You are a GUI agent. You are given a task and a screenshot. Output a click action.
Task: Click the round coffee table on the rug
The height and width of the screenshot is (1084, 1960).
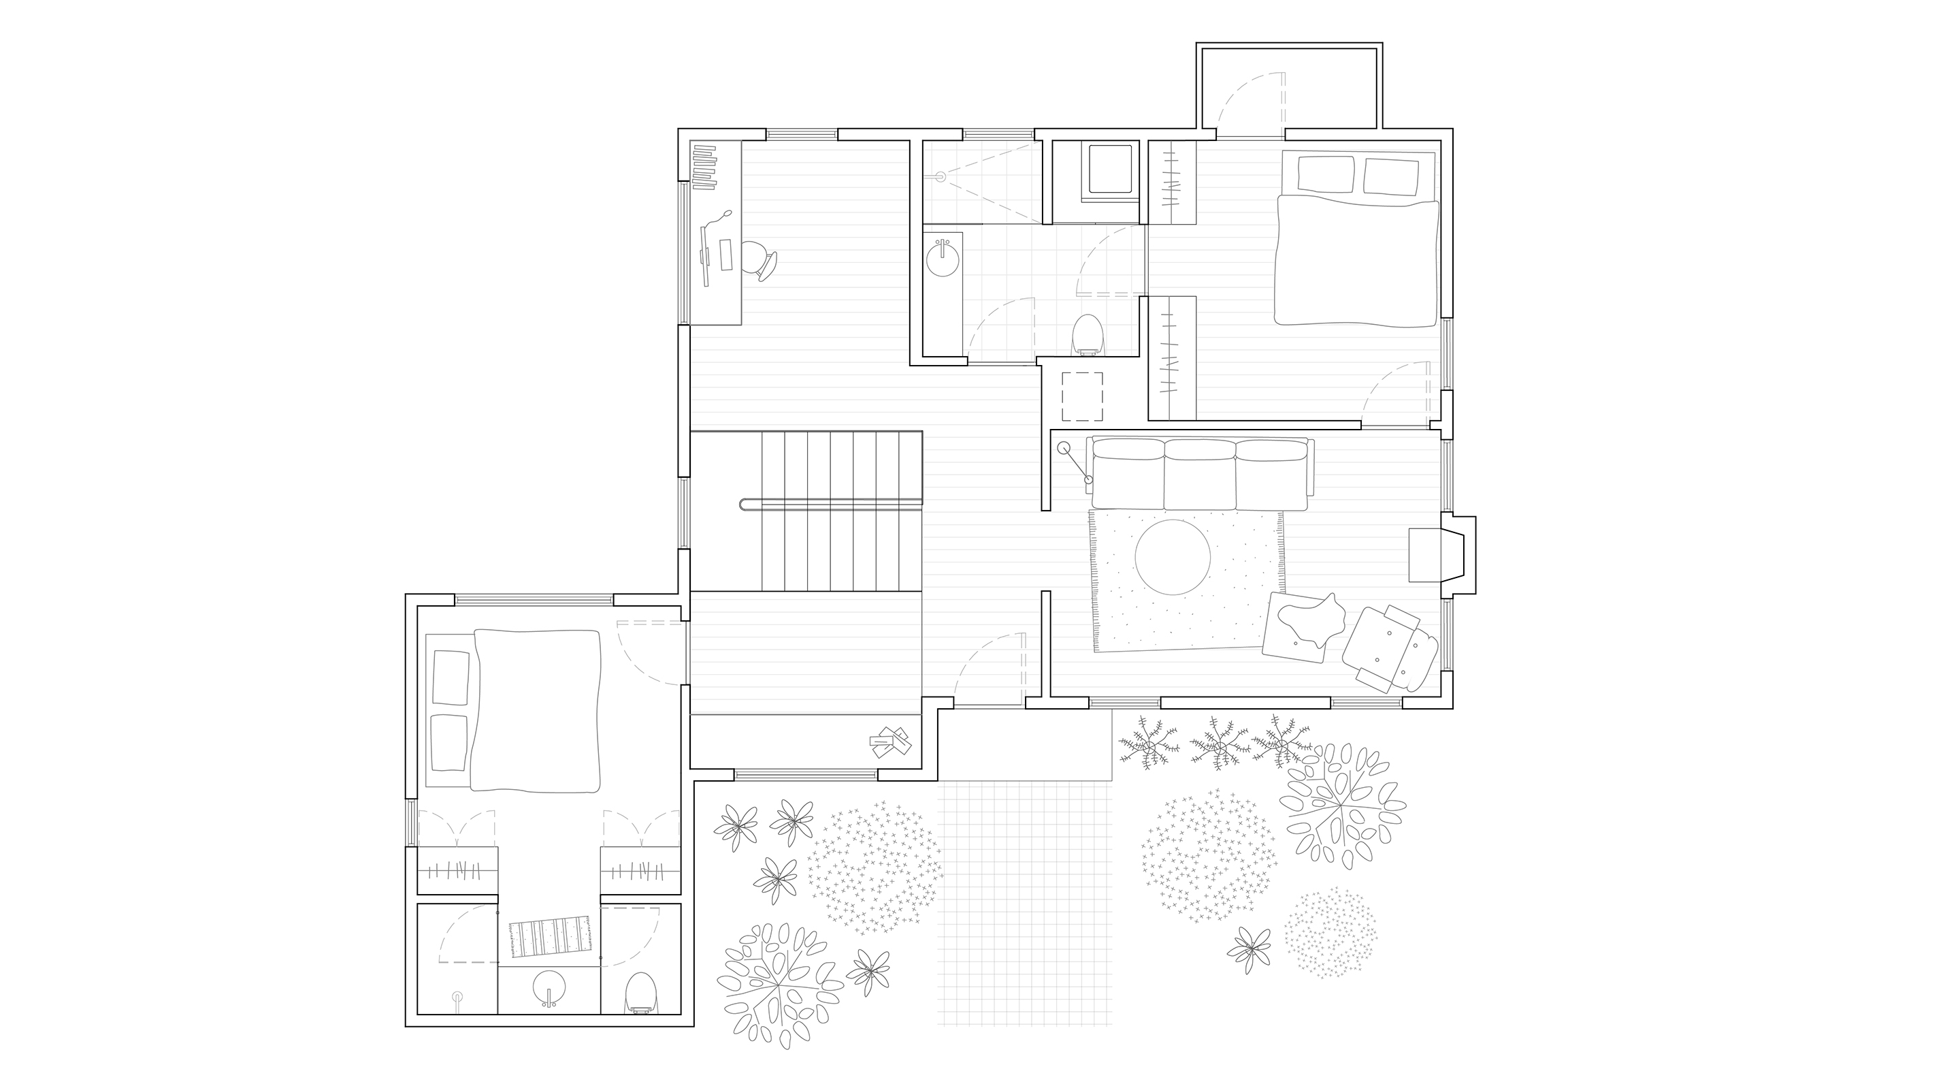click(1173, 556)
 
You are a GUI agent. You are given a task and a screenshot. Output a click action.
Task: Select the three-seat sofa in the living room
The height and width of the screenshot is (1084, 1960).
click(1200, 473)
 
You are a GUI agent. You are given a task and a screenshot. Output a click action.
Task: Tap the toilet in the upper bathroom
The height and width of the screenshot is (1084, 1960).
click(1088, 335)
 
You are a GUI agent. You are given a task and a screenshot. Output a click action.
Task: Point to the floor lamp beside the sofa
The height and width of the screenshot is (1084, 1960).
click(1076, 464)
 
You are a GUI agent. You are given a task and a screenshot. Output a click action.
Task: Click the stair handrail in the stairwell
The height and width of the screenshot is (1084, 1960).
click(830, 502)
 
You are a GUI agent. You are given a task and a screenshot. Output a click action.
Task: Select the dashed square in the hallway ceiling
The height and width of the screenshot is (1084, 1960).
click(1082, 396)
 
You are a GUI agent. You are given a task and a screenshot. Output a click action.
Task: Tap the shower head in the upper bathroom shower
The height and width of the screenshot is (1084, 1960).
click(941, 177)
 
